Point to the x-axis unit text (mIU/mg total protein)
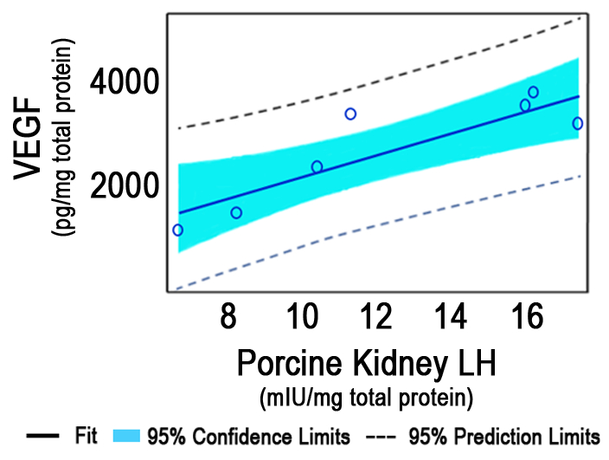pos(367,399)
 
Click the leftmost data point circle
pos(177,230)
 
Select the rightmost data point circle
pos(578,123)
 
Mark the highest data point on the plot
pos(533,92)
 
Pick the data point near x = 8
pos(236,212)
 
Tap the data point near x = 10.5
pos(317,166)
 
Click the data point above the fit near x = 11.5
pos(350,113)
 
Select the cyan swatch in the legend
pos(127,436)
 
